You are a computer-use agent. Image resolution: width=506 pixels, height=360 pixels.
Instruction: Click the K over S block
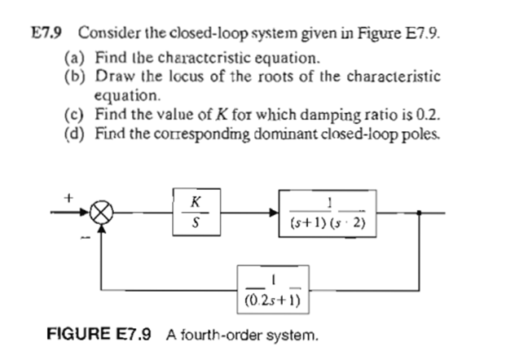coord(195,210)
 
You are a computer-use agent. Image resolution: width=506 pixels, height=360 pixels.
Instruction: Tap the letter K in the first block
coord(195,200)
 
